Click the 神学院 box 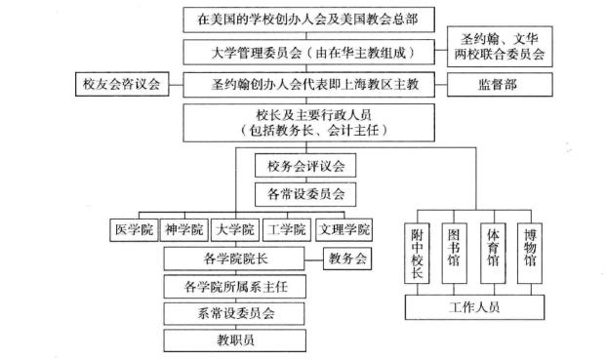coord(182,230)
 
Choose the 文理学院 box coord(343,230)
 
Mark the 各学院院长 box coord(242,260)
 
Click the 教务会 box coord(348,260)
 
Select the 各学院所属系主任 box coord(242,287)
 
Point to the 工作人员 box coord(475,308)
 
